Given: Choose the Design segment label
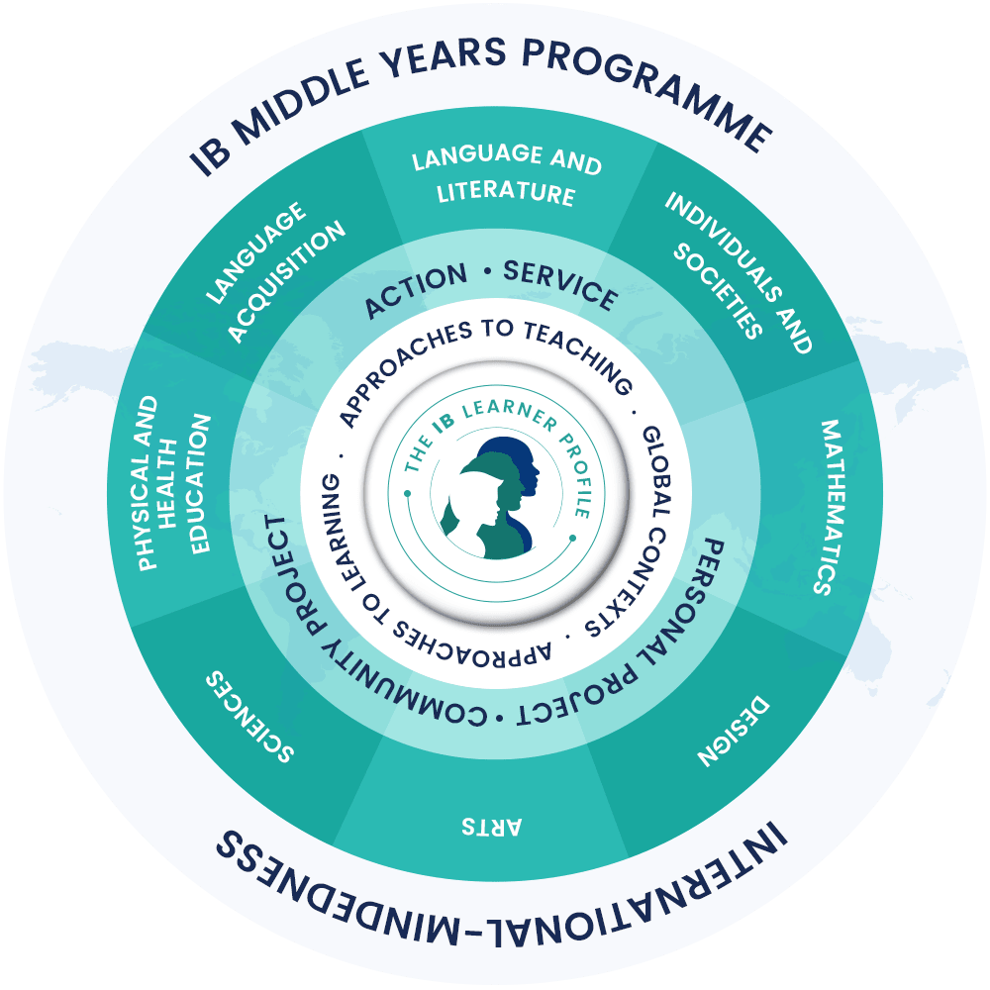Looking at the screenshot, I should click(733, 733).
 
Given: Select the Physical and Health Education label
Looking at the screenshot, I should click(174, 484).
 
